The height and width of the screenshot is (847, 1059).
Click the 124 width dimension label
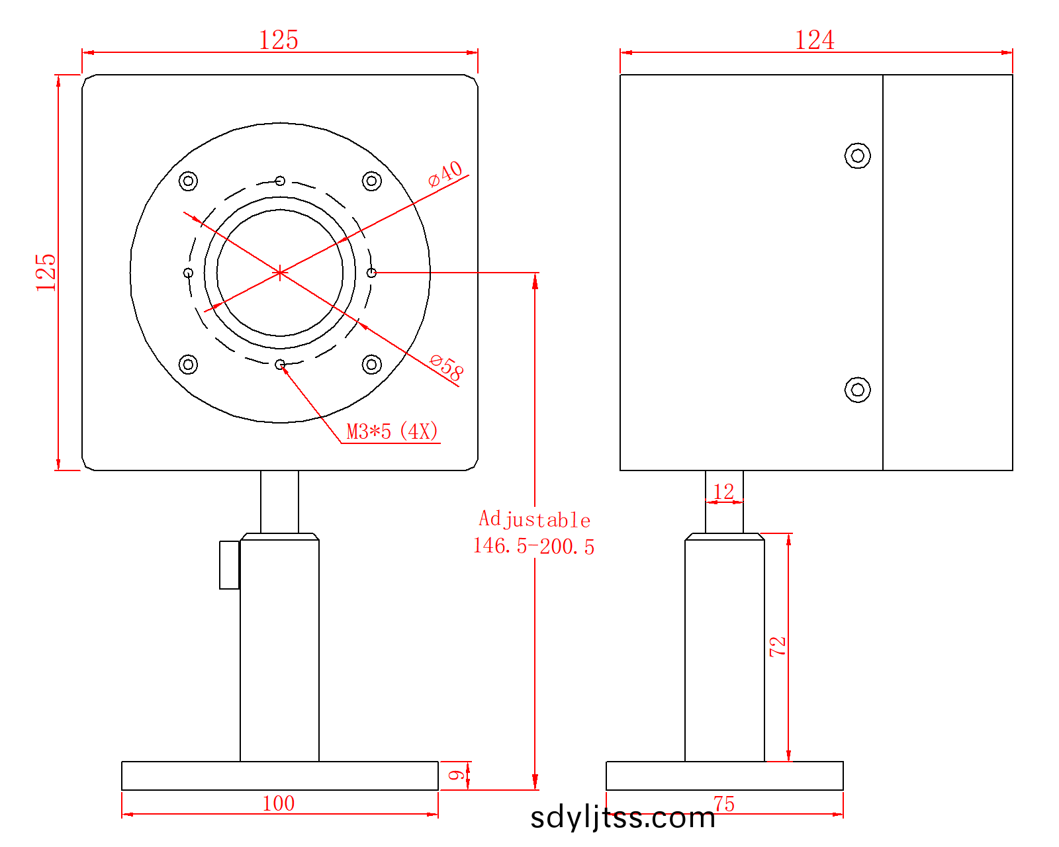pos(814,40)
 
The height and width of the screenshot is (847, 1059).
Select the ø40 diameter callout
pos(445,173)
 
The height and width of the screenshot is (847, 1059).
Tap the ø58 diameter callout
pos(446,368)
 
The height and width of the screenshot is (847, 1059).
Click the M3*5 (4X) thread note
pos(392,431)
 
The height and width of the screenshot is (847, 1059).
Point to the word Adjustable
pos(534,519)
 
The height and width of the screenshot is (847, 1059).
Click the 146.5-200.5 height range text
pos(533,546)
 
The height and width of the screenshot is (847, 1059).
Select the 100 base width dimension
pos(279,803)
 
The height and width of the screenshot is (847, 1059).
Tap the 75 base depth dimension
pos(724,804)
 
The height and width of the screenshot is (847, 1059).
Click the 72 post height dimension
pos(778,646)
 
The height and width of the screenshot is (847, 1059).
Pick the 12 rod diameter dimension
pos(723,492)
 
